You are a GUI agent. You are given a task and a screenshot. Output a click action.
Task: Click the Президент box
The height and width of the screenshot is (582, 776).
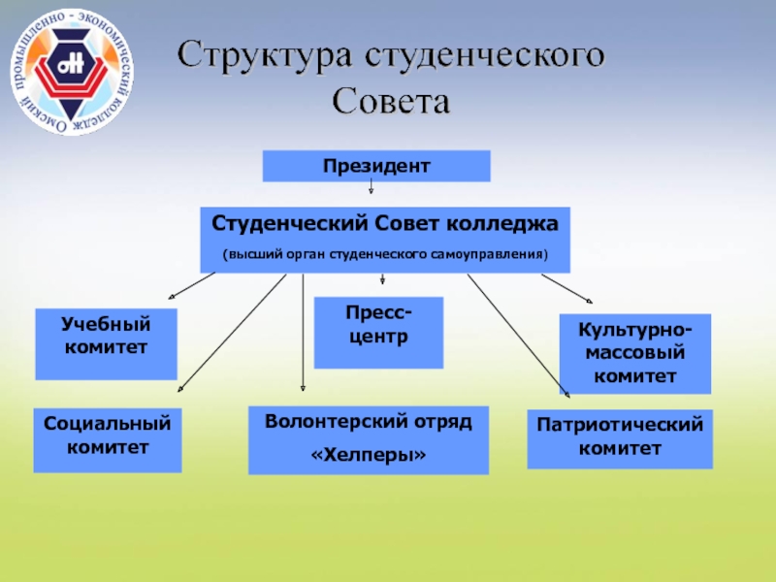[376, 166]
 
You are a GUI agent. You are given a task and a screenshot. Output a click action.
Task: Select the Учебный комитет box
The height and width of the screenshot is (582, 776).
[106, 343]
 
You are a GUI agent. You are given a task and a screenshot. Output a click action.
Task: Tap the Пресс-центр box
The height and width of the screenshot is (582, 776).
[378, 332]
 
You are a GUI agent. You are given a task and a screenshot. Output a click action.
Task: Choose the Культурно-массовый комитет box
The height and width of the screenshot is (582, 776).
[635, 353]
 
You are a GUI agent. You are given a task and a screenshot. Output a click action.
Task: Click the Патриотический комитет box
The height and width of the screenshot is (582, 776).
[619, 437]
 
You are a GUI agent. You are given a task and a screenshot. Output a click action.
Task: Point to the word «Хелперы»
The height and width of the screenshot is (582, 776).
[368, 454]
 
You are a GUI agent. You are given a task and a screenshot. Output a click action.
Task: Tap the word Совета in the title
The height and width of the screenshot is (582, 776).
[392, 101]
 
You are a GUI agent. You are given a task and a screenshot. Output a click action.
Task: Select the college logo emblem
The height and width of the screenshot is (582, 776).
[73, 74]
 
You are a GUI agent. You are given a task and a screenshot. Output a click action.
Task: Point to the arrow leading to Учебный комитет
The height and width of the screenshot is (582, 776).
[192, 285]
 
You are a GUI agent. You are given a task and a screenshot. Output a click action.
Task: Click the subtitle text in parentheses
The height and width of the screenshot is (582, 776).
[385, 255]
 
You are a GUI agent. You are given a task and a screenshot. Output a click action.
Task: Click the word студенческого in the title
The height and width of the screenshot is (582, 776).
[485, 55]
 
